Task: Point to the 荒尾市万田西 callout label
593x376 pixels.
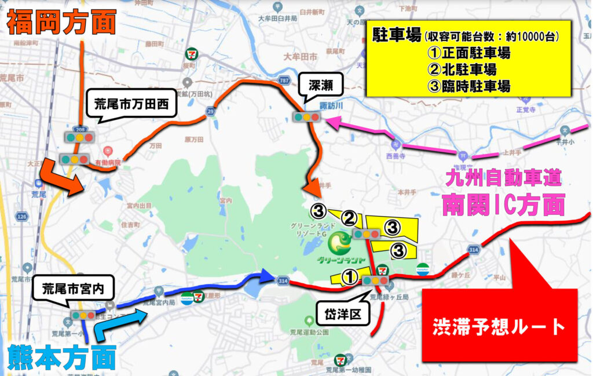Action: tap(131, 105)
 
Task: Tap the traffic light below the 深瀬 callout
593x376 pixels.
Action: tap(307, 117)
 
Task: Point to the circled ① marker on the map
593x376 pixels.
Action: tap(349, 278)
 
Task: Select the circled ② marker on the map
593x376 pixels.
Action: tap(349, 218)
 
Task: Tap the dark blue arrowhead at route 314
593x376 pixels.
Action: tap(267, 276)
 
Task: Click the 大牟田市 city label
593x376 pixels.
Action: tap(301, 56)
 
